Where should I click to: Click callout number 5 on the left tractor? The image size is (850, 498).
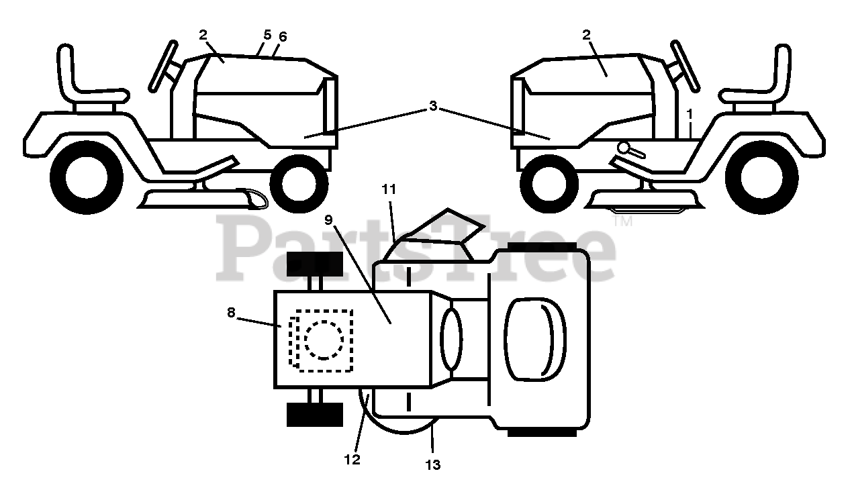pos(267,34)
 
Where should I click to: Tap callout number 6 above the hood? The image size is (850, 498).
pos(283,37)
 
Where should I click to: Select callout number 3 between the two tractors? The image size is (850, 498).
pos(433,106)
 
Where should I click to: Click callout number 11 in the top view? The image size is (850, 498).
pos(389,190)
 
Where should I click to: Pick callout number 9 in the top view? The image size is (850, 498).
pos(328,219)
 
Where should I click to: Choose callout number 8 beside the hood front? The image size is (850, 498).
pos(231,312)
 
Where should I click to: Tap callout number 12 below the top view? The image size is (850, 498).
pos(352,460)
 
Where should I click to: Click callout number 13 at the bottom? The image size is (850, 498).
pos(433,464)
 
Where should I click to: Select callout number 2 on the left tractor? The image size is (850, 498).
pos(203,34)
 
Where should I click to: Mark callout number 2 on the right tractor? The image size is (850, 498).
pos(586,35)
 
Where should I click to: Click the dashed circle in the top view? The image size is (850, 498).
pos(324,340)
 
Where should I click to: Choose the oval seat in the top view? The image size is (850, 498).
pos(534,340)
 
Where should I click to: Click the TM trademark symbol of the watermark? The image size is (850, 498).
pos(622,220)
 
